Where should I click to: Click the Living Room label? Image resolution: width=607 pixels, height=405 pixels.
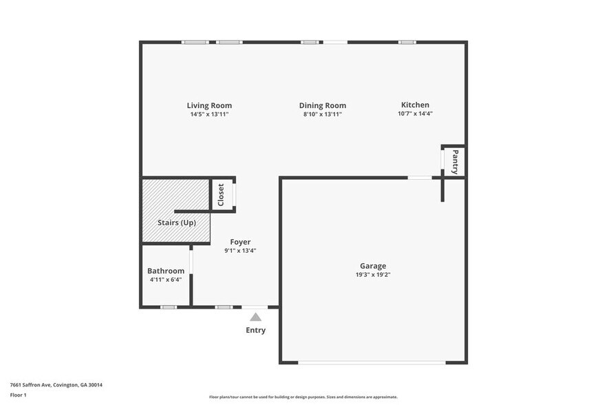point(209,105)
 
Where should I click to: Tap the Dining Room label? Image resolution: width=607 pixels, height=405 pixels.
point(322,105)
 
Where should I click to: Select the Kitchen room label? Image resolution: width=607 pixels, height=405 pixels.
point(415,105)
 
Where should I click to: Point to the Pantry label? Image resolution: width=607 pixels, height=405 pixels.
point(455,162)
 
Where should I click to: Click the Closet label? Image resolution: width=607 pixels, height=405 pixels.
point(221,195)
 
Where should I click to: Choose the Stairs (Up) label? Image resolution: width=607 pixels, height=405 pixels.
point(177,222)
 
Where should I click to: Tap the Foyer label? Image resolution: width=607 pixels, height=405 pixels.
point(240,242)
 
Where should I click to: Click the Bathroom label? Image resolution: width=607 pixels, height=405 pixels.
point(166,271)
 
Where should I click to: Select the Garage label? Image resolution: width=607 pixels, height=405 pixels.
point(373,266)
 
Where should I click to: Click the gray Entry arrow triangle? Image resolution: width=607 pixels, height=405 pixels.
point(255,317)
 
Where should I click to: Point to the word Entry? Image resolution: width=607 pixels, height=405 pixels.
point(255,330)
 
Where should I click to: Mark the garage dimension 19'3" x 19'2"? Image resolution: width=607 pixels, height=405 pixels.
point(373,275)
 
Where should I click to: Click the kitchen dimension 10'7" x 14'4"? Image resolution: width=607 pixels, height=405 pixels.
point(415,114)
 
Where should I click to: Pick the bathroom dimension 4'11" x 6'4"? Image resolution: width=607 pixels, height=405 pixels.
point(166,280)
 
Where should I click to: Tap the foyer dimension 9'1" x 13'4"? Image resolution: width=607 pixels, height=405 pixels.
point(240,251)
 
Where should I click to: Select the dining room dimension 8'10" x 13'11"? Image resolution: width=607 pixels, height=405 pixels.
point(322,114)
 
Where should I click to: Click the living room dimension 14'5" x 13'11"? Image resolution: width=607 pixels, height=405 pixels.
point(209,114)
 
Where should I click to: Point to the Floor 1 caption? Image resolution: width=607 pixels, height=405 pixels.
point(18,395)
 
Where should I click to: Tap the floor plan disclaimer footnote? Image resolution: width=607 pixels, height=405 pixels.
point(303,397)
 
